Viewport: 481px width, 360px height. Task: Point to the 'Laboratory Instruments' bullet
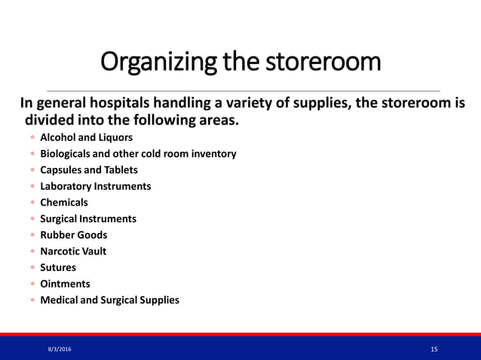(95, 186)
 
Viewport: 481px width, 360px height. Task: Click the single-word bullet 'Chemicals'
(63, 203)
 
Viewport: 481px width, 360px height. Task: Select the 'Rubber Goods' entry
(73, 235)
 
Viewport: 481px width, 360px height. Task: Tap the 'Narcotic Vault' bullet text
(73, 251)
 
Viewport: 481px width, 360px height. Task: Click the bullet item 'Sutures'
(58, 267)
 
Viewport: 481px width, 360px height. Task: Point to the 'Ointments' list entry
(65, 284)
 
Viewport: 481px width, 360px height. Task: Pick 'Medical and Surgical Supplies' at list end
(109, 300)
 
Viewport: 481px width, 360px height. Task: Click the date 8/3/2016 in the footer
(62, 349)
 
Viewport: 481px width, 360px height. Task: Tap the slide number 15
(434, 349)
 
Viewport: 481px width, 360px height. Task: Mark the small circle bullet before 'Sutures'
(33, 268)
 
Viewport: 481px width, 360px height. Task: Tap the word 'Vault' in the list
(93, 251)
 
